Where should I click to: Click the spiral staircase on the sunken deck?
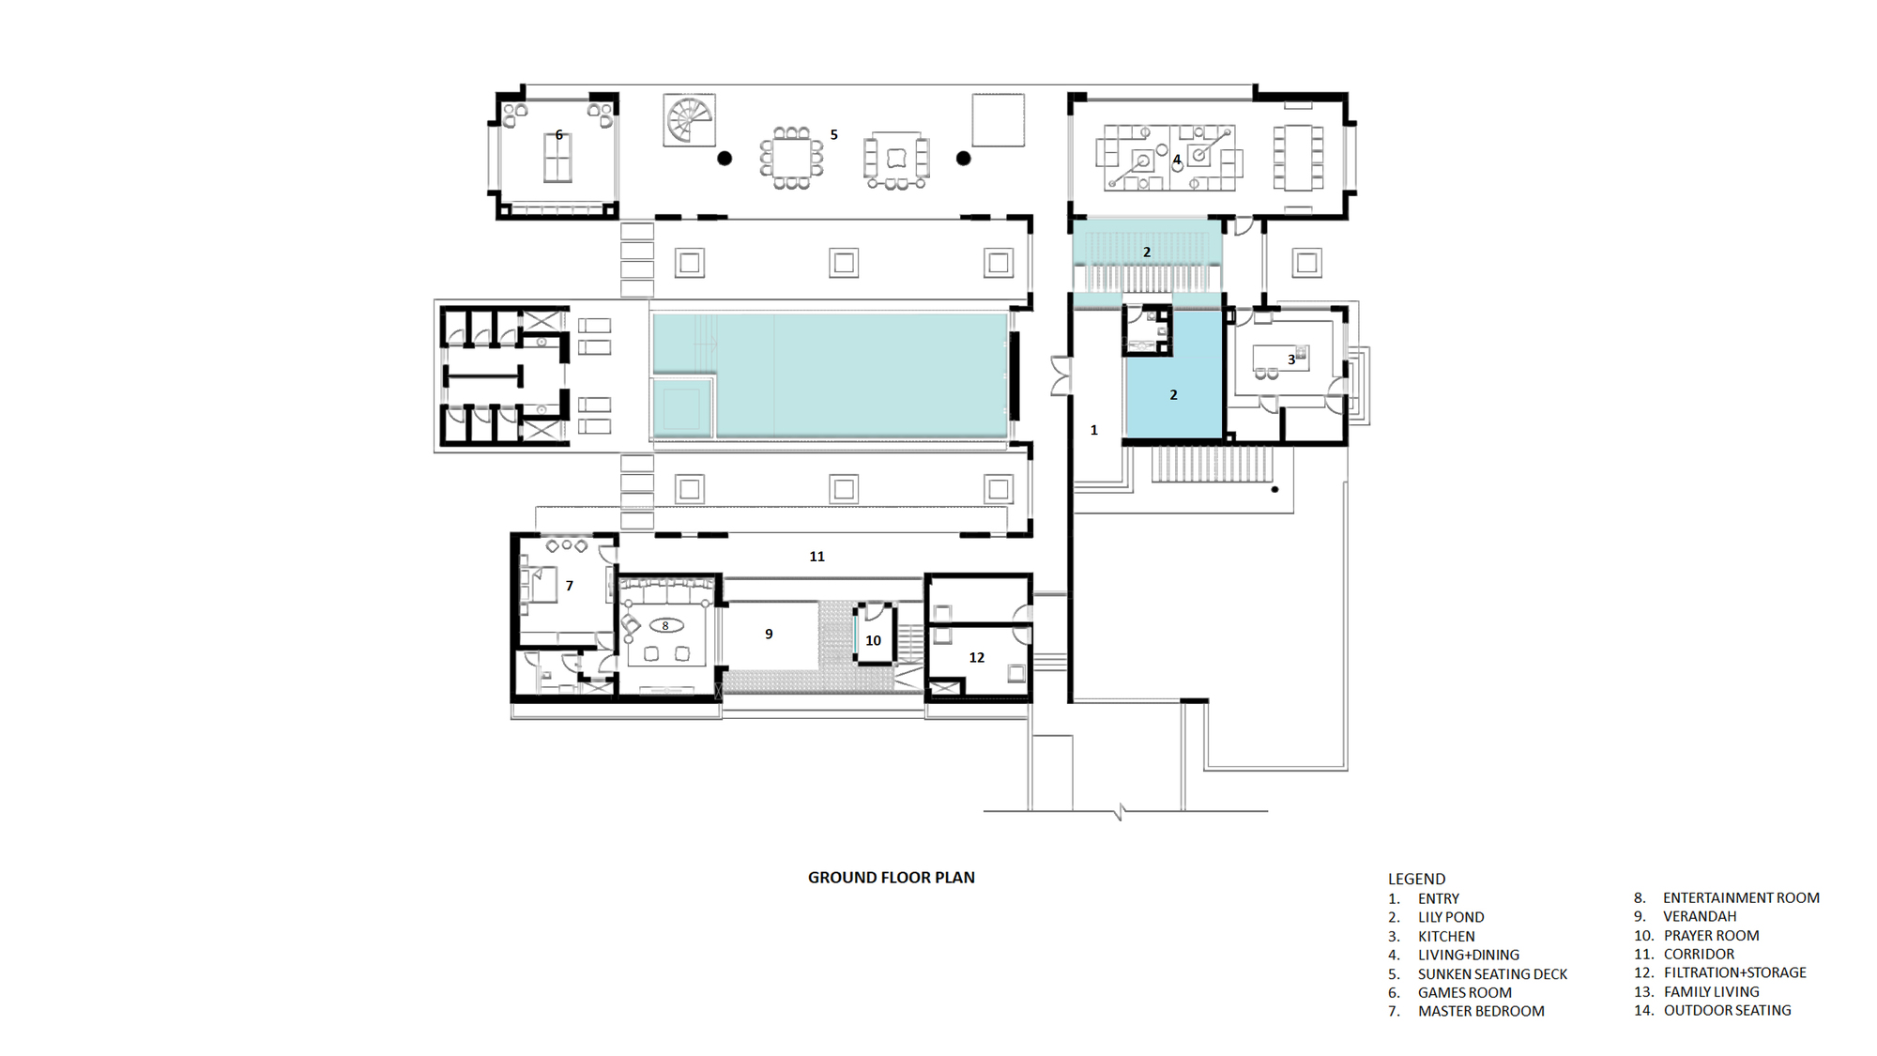[x=689, y=120]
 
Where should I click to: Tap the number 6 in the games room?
[x=559, y=135]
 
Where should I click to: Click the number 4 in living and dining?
[x=1176, y=160]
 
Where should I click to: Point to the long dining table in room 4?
[x=1298, y=158]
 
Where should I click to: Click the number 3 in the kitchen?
[x=1291, y=360]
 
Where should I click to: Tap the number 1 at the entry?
[x=1093, y=430]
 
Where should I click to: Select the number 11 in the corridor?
[x=816, y=557]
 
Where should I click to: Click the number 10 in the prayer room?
[x=873, y=640]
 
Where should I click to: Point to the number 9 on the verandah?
[x=769, y=635]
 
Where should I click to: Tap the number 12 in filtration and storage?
[x=976, y=657]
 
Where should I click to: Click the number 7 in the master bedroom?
[x=569, y=586]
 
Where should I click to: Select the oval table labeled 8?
[x=665, y=626]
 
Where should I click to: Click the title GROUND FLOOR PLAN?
[x=891, y=878]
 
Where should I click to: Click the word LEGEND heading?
[x=1416, y=879]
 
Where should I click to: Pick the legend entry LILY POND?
[x=1450, y=917]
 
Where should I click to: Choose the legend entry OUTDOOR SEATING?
[x=1727, y=1010]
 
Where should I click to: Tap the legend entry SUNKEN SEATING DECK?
[x=1491, y=974]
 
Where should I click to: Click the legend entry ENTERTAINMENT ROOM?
[x=1740, y=898]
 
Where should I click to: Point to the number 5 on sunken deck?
[x=833, y=135]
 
